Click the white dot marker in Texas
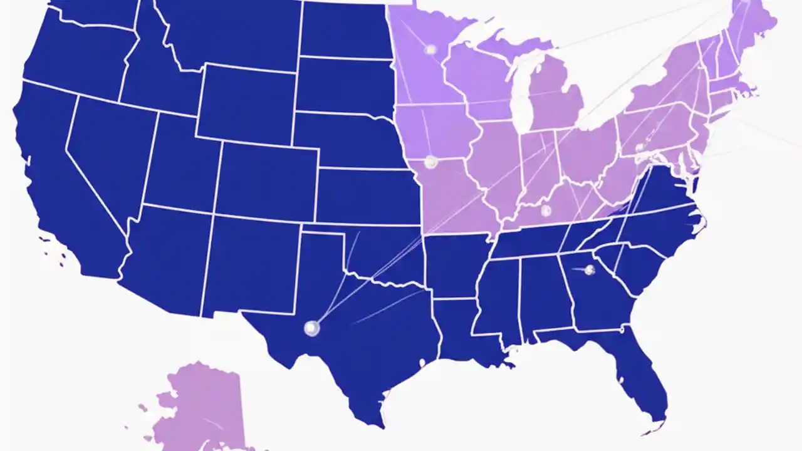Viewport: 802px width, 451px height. point(311,328)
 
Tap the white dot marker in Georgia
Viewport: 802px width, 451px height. point(589,270)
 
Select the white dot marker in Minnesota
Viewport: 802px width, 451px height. point(430,49)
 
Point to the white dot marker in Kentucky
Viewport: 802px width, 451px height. point(546,210)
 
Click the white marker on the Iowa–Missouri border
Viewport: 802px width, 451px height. point(430,162)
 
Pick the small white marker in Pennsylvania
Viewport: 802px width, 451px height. point(640,148)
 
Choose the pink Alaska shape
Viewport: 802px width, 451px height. point(200,407)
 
